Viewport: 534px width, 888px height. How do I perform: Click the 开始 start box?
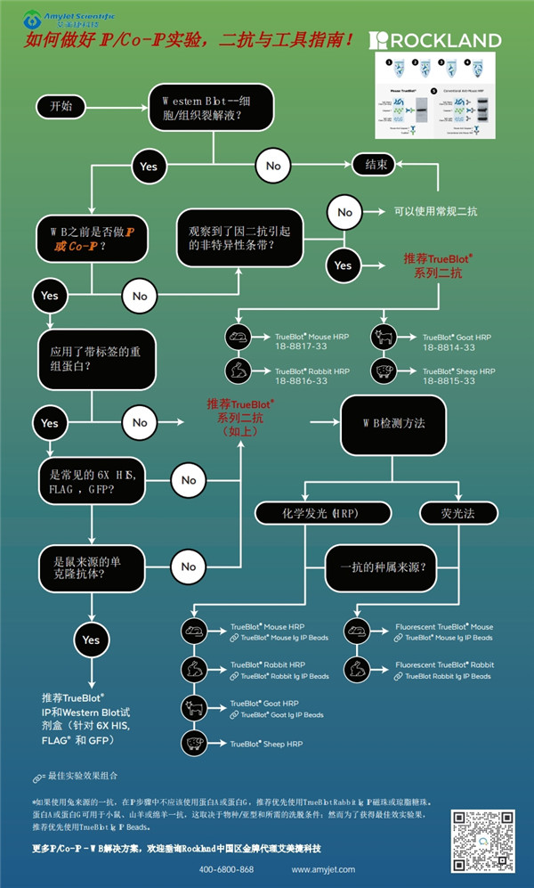pyautogui.click(x=61, y=106)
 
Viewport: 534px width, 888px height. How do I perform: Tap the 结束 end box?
pyautogui.click(x=370, y=165)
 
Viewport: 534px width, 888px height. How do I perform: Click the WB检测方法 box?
pyautogui.click(x=393, y=422)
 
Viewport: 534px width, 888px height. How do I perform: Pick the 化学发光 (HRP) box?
pyautogui.click(x=323, y=513)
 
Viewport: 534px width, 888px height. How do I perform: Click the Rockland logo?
pyautogui.click(x=435, y=39)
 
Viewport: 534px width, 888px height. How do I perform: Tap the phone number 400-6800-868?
pyautogui.click(x=226, y=869)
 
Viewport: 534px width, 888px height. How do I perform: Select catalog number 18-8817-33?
pyautogui.click(x=300, y=348)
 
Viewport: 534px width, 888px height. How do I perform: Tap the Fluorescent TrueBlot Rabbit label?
pyautogui.click(x=444, y=665)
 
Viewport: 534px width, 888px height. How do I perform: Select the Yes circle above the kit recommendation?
pyautogui.click(x=91, y=640)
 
